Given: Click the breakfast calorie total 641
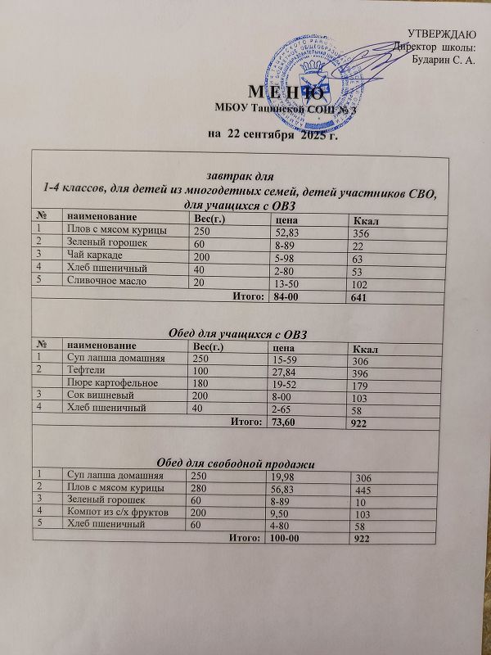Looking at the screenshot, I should (360, 298).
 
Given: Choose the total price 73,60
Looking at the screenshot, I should (286, 422).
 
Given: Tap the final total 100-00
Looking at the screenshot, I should (287, 538).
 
